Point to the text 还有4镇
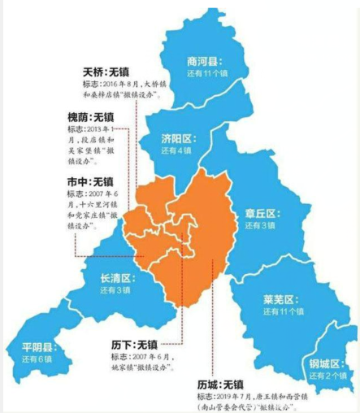[x=176, y=151]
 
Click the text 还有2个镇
[x=329, y=376]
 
